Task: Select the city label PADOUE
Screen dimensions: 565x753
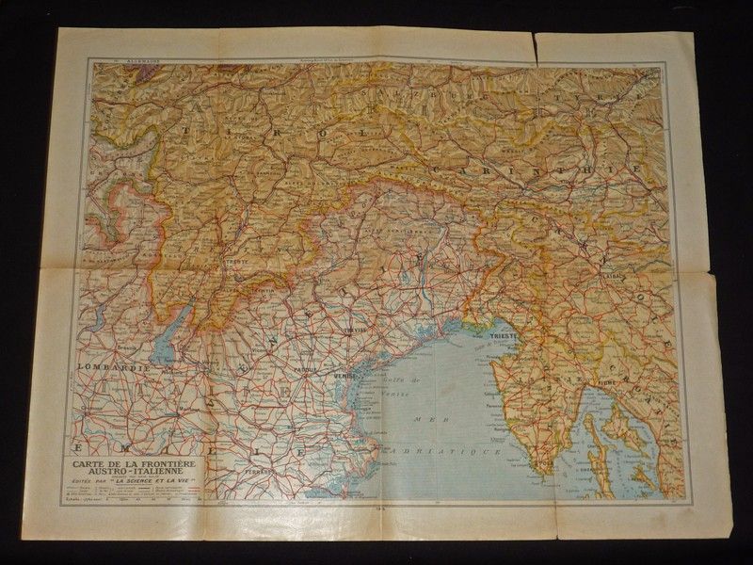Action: tap(304, 368)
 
